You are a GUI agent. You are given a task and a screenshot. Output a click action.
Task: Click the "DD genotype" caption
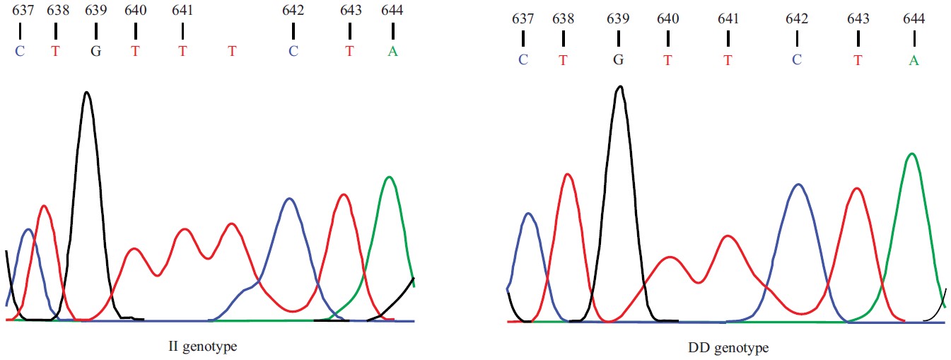[x=728, y=348]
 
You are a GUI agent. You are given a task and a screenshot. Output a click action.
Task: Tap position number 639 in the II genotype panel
[x=95, y=11]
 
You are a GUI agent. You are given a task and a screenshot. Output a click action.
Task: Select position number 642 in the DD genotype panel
[x=796, y=19]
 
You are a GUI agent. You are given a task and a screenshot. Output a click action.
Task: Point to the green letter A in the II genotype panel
[x=392, y=51]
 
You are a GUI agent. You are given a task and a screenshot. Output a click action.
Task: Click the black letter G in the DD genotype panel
[x=618, y=60]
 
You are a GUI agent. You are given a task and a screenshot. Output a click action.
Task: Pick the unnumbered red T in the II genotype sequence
[x=232, y=51]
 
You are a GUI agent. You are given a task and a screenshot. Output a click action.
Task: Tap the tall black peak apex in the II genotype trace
[x=87, y=92]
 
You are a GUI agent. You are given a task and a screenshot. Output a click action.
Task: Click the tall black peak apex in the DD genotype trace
[x=620, y=86]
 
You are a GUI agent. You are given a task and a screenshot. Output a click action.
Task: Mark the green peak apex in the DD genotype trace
[x=912, y=153]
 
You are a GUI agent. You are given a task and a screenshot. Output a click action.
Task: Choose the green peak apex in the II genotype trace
[x=389, y=177]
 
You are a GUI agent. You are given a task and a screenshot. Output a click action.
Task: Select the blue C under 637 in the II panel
[x=20, y=51]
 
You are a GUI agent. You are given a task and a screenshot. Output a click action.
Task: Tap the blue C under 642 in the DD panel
[x=796, y=60]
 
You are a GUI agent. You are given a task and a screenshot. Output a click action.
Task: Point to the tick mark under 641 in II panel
[x=182, y=31]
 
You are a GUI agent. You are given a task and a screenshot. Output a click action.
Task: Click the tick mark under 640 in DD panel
[x=667, y=39]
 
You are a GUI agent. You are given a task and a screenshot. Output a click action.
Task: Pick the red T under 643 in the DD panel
[x=858, y=60]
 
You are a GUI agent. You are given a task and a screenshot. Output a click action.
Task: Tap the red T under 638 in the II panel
[x=56, y=51]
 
